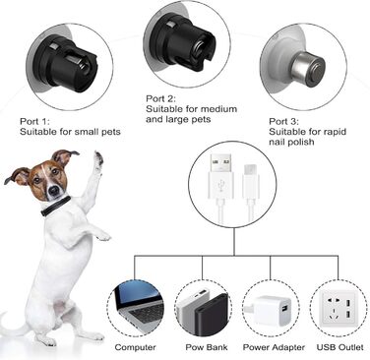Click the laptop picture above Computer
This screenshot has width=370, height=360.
137,306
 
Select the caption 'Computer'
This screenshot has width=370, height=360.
136,347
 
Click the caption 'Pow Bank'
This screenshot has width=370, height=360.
205,347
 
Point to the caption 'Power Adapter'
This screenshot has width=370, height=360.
272,347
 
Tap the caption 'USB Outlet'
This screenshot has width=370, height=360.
339,347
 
